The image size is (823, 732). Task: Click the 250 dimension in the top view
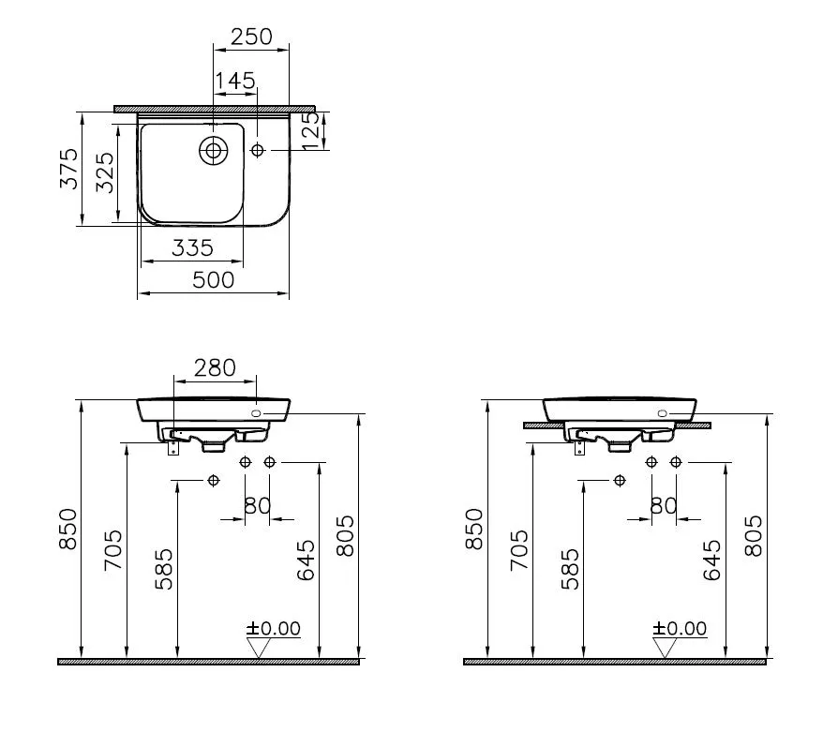(251, 37)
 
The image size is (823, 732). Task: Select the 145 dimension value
(234, 81)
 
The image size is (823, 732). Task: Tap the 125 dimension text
(311, 130)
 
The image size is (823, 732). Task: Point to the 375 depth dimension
(68, 169)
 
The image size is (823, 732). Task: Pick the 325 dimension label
(105, 172)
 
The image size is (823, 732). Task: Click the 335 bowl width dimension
(192, 247)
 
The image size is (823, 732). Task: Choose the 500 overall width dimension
(214, 278)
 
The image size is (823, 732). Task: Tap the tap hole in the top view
(258, 150)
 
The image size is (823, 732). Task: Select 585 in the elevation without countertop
(163, 569)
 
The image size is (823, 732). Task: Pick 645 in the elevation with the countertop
(711, 560)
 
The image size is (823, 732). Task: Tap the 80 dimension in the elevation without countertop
(258, 505)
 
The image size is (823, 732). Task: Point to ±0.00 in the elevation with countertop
(680, 628)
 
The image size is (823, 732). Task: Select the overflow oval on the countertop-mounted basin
(664, 413)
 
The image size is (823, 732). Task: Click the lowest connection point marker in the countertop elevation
(619, 481)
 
